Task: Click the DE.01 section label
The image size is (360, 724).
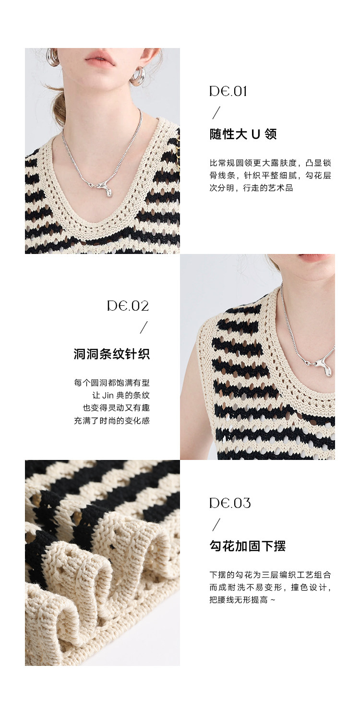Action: [228, 92]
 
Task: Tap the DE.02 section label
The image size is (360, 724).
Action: [128, 306]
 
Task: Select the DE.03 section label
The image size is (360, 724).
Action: [230, 503]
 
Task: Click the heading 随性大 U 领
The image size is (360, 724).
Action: [243, 134]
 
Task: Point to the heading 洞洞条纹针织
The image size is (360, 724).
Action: [112, 354]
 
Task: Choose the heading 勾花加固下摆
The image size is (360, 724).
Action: [248, 546]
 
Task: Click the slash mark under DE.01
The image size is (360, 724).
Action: [216, 113]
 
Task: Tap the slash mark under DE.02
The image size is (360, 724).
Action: [144, 327]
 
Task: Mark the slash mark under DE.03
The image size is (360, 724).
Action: [216, 525]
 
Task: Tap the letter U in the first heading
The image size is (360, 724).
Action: [256, 134]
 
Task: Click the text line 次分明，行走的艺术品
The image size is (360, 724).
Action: [251, 188]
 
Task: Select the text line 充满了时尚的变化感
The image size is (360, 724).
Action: [112, 421]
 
